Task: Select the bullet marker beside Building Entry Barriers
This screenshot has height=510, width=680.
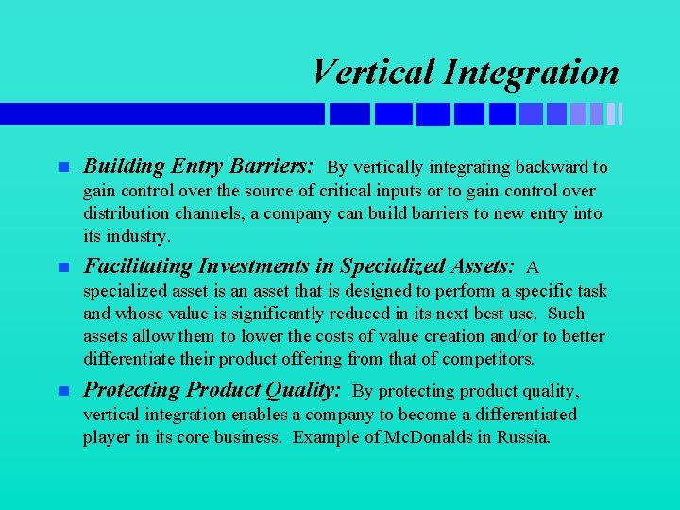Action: [x=62, y=168]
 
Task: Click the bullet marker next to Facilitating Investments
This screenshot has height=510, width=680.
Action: [x=62, y=268]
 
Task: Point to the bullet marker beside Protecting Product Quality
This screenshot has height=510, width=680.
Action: [x=62, y=391]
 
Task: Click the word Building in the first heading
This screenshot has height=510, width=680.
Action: [x=122, y=166]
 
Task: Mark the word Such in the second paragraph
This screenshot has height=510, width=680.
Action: [x=566, y=314]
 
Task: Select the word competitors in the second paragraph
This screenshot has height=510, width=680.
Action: [x=485, y=359]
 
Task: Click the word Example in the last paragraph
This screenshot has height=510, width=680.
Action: [x=326, y=436]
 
